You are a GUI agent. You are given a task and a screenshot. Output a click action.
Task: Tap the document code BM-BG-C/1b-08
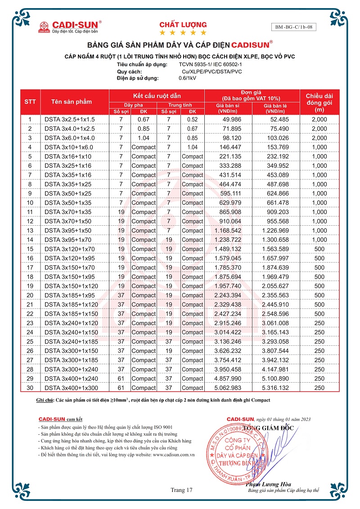294,27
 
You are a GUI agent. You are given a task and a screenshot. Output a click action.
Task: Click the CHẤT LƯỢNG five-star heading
183,28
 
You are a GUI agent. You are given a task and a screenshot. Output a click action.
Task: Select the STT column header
30,102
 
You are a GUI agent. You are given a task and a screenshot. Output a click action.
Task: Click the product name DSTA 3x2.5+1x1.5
70,119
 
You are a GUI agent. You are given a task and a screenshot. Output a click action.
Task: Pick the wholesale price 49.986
229,119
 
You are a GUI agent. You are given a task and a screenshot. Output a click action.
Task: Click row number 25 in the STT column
30,341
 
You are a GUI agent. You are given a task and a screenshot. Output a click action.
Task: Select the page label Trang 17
181,490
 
